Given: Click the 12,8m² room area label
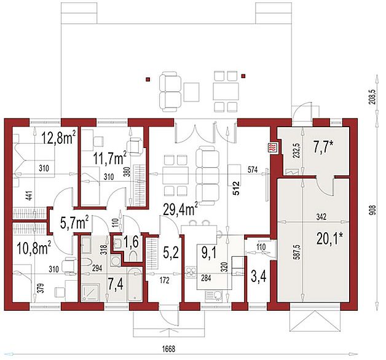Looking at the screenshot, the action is pyautogui.click(x=59, y=138).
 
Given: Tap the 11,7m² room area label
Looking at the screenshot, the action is pyautogui.click(x=110, y=158).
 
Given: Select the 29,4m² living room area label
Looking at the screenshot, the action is pyautogui.click(x=181, y=209).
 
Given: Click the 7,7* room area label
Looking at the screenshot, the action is pyautogui.click(x=323, y=147).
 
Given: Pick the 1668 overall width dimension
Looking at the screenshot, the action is pyautogui.click(x=168, y=349).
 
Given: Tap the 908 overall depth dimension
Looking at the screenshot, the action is pyautogui.click(x=373, y=211).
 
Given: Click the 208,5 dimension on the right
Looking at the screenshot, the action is pyautogui.click(x=372, y=96).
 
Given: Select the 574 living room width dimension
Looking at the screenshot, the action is pyautogui.click(x=253, y=170).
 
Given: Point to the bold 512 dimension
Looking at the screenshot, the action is pyautogui.click(x=236, y=188).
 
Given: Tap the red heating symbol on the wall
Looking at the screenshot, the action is pyautogui.click(x=274, y=147).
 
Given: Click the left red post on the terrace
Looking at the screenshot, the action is pyautogui.click(x=148, y=79).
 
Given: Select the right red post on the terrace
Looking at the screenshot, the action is pyautogui.click(x=243, y=76).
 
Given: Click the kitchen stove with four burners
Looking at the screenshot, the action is pyautogui.click(x=191, y=273).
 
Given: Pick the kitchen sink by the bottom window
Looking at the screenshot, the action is pyautogui.click(x=213, y=297).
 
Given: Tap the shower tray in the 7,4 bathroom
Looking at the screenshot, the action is pyautogui.click(x=91, y=292).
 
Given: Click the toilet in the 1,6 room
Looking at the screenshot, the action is pyautogui.click(x=134, y=256).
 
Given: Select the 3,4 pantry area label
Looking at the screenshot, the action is pyautogui.click(x=258, y=276).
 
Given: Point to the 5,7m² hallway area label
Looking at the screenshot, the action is pyautogui.click(x=74, y=222).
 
